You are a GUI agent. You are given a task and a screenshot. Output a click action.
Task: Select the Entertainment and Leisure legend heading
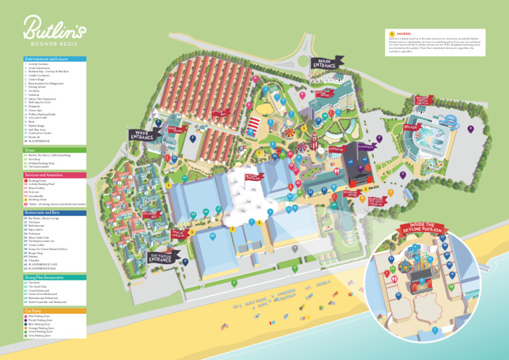pos(40,59)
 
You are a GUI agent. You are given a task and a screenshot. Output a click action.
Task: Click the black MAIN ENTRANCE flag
pos(325,63)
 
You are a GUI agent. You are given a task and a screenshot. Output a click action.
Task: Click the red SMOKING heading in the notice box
pos(404,33)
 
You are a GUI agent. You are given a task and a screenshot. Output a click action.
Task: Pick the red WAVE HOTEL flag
pos(176,130)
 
